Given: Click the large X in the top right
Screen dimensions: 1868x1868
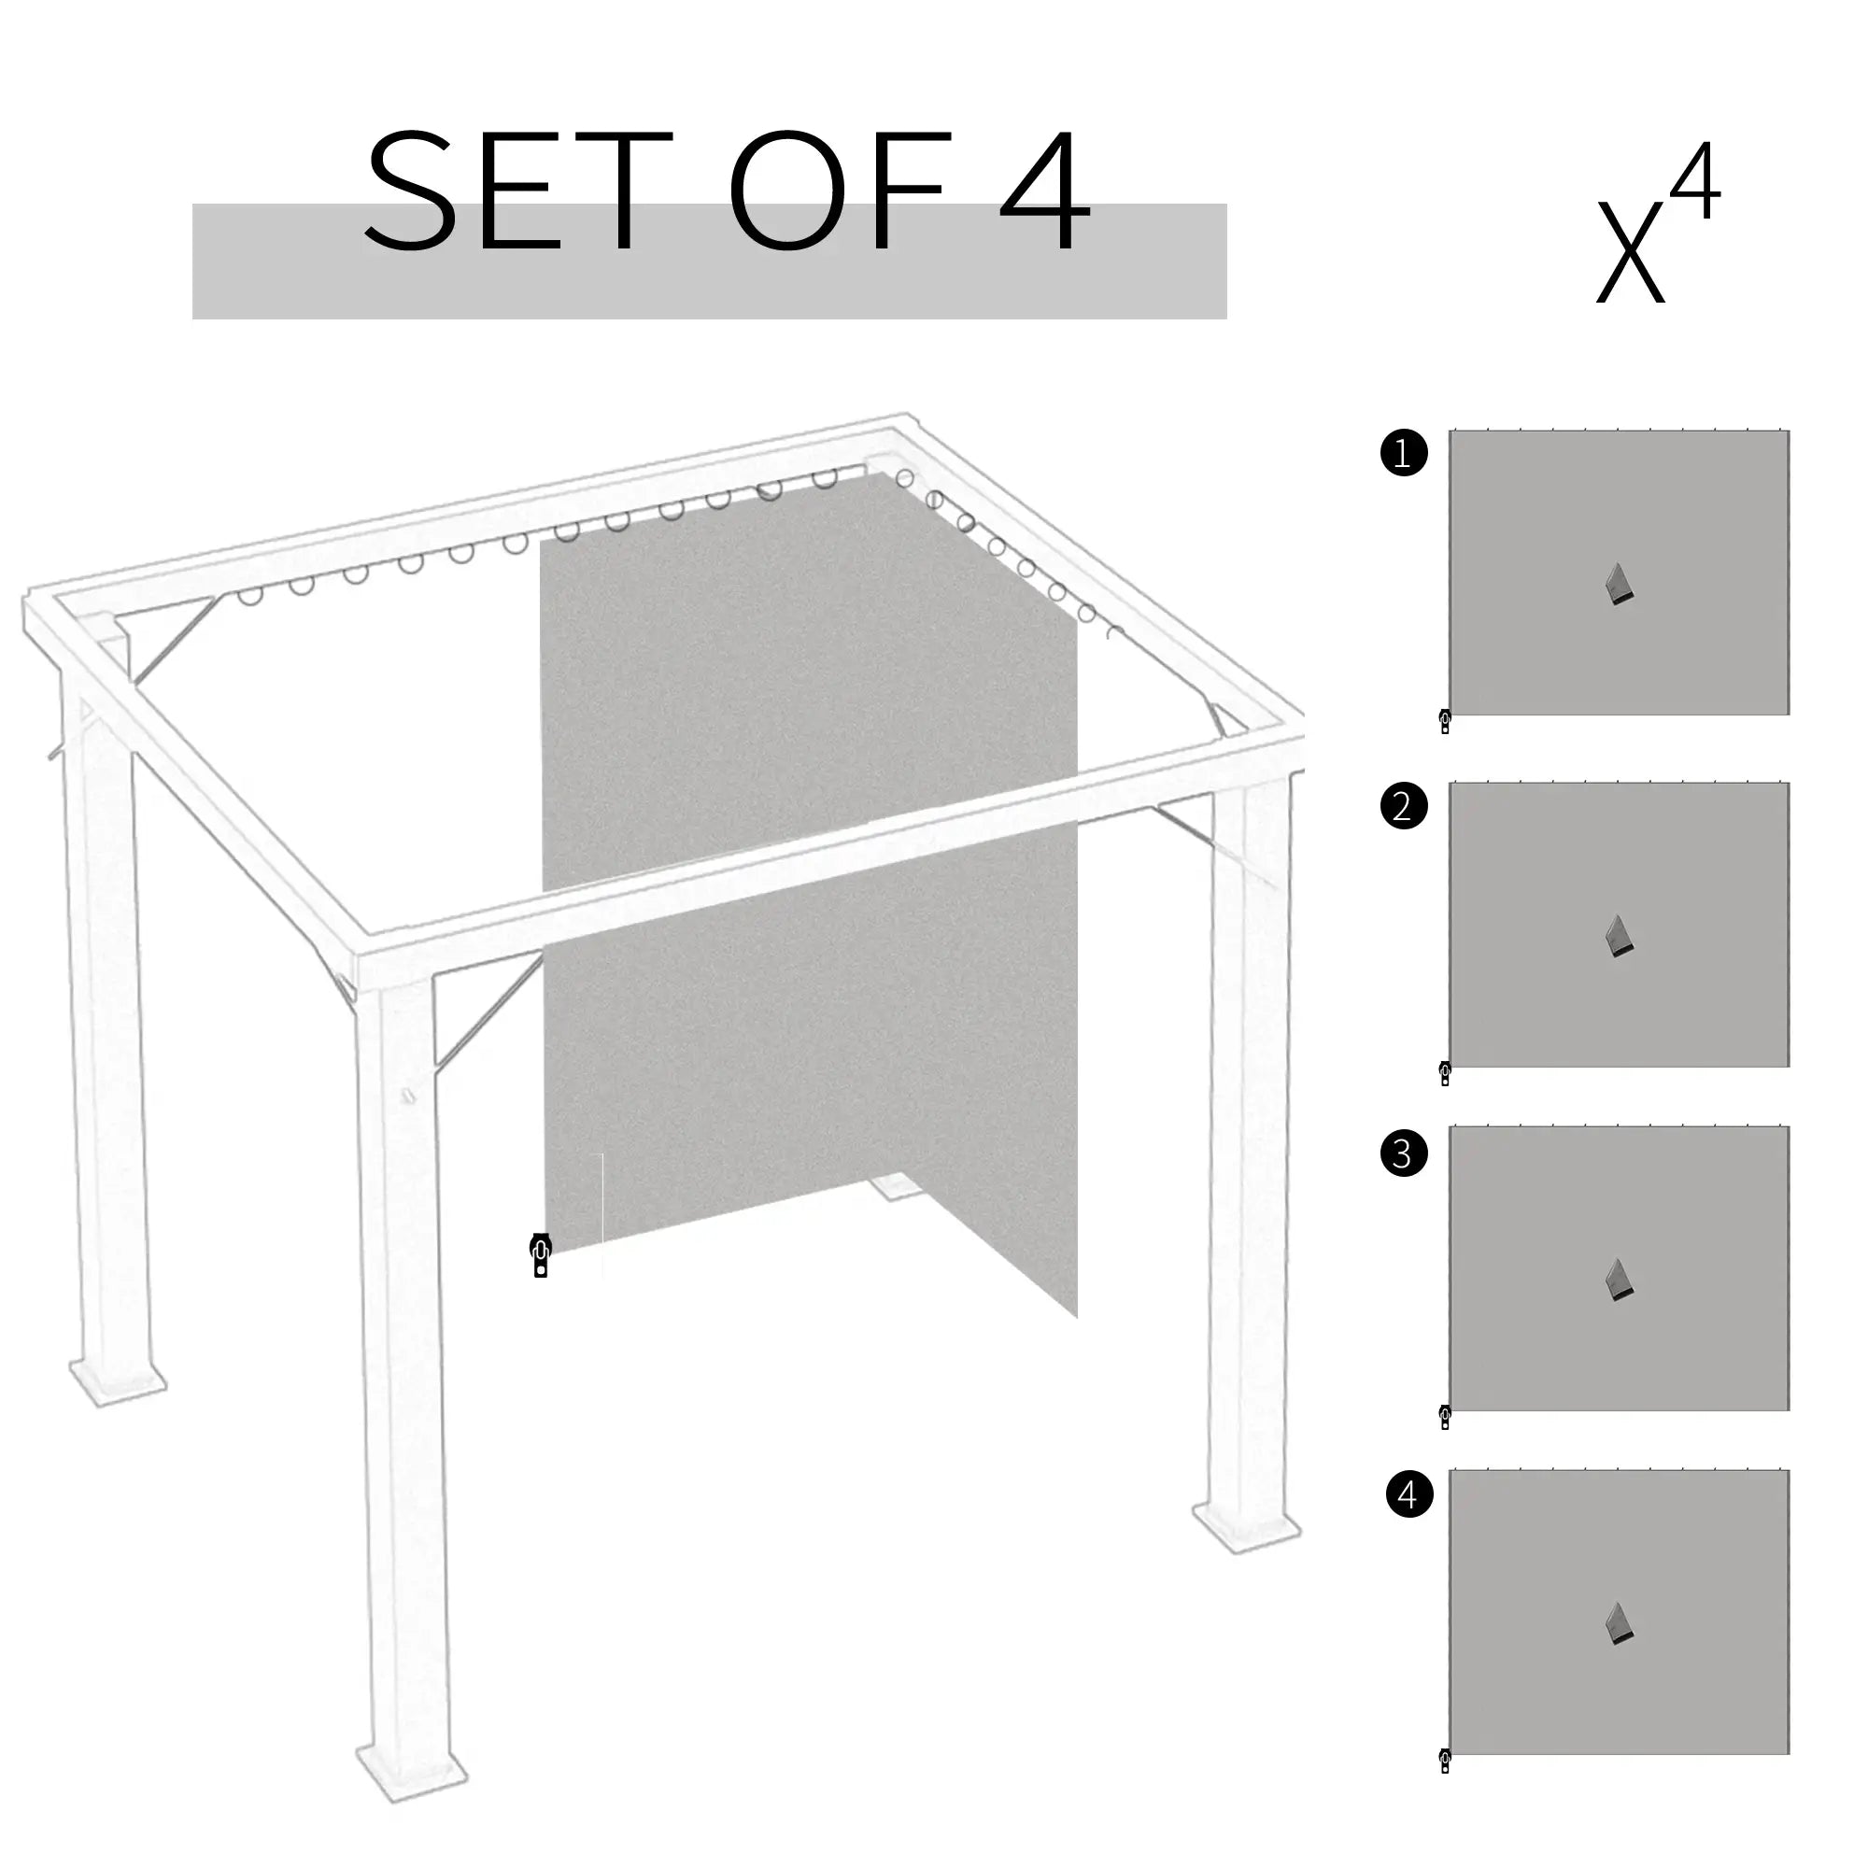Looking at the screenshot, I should click(1630, 251).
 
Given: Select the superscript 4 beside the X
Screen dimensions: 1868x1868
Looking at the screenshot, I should click(1695, 182).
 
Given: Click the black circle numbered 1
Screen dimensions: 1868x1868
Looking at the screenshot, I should click(1404, 452).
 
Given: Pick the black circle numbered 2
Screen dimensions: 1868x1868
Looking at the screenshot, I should click(1404, 805).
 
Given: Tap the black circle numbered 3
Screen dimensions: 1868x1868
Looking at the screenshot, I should click(1404, 1153).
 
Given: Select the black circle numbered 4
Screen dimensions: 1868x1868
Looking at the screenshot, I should click(1408, 1493).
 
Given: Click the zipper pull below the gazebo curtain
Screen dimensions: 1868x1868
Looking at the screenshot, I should click(541, 1255).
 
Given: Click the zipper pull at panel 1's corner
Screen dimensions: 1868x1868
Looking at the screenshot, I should click(1445, 721).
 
